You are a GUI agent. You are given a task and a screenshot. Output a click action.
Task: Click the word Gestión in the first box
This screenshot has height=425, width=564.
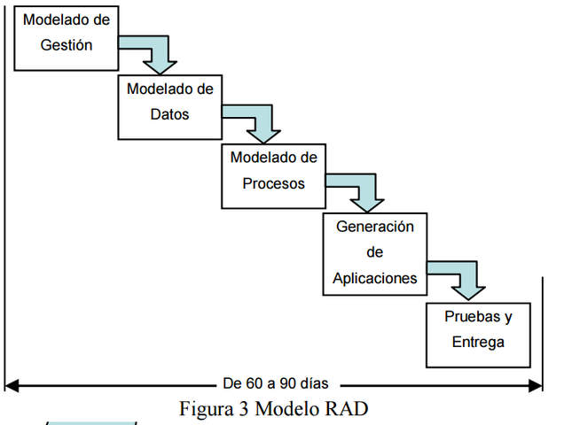[67, 45]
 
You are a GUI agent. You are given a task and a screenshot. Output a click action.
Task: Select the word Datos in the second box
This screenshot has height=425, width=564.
[169, 114]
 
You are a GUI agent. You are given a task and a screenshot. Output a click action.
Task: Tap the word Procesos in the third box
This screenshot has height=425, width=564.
[273, 183]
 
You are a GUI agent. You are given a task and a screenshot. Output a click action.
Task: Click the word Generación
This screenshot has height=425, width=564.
[375, 227]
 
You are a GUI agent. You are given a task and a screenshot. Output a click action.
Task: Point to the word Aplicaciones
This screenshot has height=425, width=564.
[375, 277]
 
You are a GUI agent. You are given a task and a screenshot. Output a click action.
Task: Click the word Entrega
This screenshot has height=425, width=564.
[478, 342]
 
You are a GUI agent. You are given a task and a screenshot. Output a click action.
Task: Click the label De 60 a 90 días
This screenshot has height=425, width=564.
[275, 384]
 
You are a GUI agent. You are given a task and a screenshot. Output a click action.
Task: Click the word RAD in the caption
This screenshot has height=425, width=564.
[347, 409]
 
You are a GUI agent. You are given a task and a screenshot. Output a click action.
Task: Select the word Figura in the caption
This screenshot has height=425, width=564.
[204, 409]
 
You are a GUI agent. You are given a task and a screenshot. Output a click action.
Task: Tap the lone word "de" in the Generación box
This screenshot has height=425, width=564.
[374, 252]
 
